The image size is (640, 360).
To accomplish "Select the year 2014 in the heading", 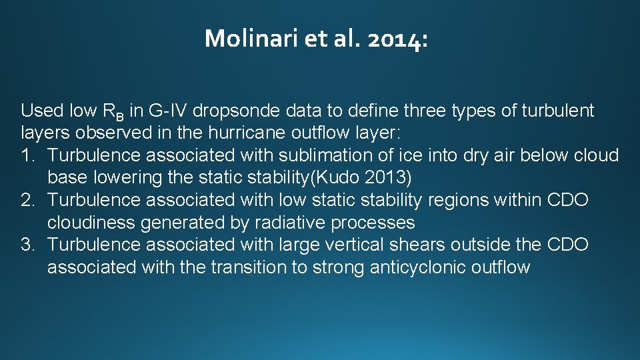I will tap(397, 39).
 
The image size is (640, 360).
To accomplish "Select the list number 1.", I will tap(27, 155).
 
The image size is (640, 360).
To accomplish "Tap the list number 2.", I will tap(27, 200).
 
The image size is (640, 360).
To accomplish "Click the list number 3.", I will tap(27, 245).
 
